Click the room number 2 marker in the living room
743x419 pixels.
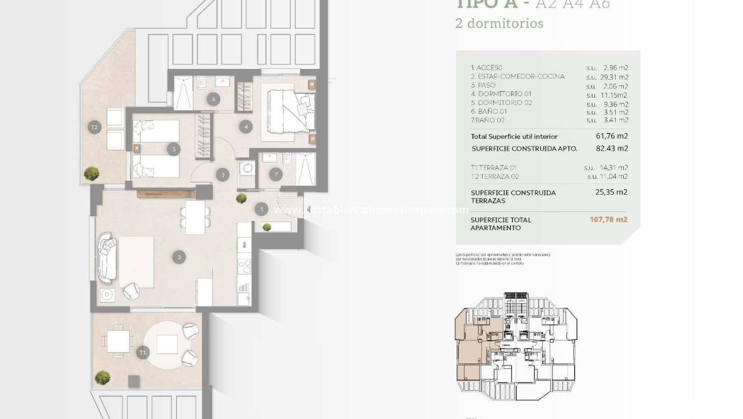[178, 256]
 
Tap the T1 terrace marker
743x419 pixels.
[142, 351]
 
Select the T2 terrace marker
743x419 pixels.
[95, 127]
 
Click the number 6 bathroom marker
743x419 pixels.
[214, 100]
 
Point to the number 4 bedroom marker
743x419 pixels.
[247, 126]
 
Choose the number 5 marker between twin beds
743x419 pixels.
[174, 149]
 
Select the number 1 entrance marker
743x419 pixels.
[261, 209]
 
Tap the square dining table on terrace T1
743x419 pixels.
[118, 343]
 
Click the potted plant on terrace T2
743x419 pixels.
[90, 175]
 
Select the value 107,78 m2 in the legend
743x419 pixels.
[607, 220]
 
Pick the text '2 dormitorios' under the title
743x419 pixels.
[499, 23]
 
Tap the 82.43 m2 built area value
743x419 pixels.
[612, 149]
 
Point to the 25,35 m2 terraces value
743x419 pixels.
[612, 192]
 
